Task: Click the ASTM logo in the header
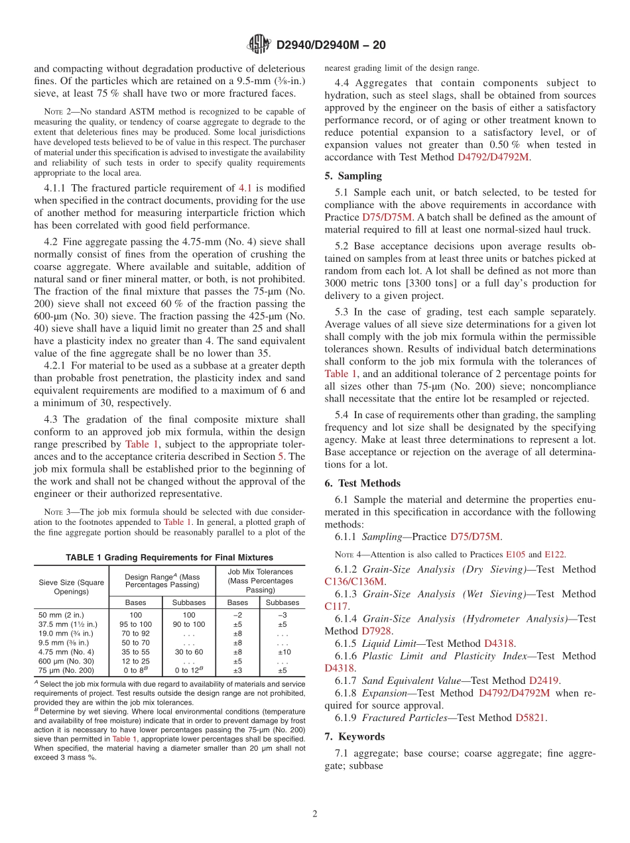(259, 44)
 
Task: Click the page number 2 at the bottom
(315, 814)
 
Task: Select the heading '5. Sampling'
(353, 176)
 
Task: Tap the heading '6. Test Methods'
(362, 483)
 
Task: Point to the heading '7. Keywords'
(354, 736)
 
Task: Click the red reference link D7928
(377, 631)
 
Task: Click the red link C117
(336, 606)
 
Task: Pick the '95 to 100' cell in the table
(135, 624)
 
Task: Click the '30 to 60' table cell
(188, 651)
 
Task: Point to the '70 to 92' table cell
(135, 633)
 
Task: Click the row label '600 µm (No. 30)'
(66, 661)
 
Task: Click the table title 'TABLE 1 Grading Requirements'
(169, 557)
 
